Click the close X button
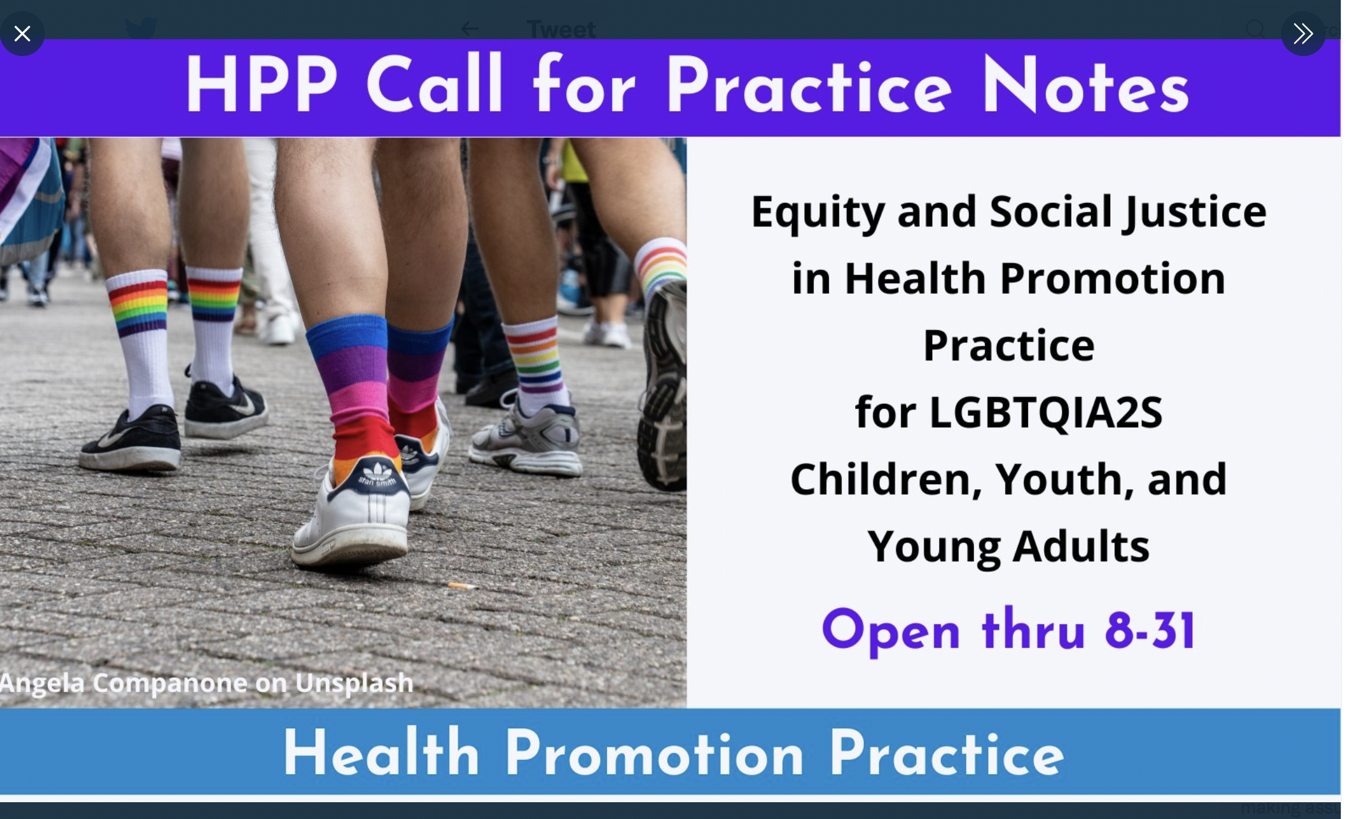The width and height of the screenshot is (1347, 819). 22,33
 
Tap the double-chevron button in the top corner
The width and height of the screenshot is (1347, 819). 1303,33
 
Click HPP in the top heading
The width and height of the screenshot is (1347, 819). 261,84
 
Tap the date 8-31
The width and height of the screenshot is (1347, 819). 1150,630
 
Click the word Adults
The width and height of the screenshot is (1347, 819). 1081,546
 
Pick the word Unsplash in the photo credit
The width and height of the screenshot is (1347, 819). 354,683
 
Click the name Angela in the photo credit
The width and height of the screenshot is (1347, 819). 42,683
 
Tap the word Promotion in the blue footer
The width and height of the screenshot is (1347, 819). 654,754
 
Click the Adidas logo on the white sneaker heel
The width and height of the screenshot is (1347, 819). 377,472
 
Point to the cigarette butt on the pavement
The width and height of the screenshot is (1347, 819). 461,586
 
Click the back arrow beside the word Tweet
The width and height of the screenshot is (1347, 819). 470,29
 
